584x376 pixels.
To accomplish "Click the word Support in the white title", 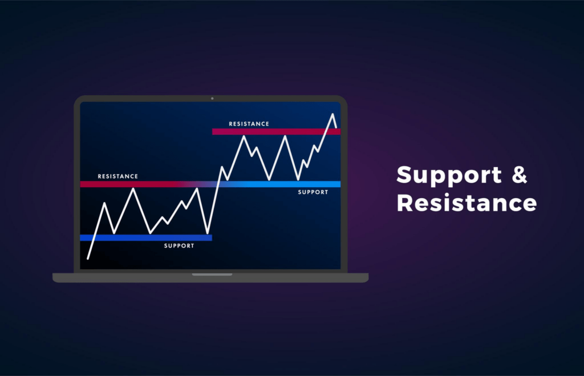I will (x=448, y=175).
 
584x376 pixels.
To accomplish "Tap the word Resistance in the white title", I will (x=467, y=203).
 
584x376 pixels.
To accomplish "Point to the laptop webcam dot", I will (x=212, y=99).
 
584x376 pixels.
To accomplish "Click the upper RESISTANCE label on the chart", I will (x=249, y=124).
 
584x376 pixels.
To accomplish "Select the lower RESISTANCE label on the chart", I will (x=117, y=176).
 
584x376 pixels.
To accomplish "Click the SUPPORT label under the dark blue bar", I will (x=179, y=246).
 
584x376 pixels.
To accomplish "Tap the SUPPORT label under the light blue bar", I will (x=313, y=192).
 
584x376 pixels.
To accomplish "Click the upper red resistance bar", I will (x=276, y=132).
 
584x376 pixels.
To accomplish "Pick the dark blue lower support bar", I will (x=145, y=237).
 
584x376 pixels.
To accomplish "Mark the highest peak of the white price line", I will (x=332, y=114).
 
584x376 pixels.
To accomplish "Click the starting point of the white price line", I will (x=88, y=258).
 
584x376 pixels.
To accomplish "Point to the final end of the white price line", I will (x=336, y=127).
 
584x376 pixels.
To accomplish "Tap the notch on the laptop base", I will (x=212, y=274).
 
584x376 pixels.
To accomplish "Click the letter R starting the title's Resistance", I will (x=404, y=203).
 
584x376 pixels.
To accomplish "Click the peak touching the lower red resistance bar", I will (x=134, y=188).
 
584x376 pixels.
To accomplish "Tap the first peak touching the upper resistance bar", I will (x=244, y=136).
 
